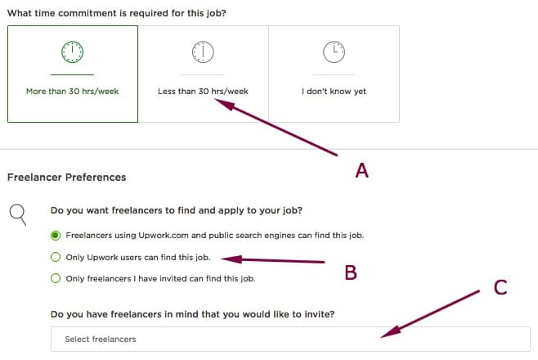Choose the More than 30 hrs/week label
pyautogui.click(x=73, y=92)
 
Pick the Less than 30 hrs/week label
pyautogui.click(x=203, y=92)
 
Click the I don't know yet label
pyautogui.click(x=334, y=92)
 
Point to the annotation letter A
pyautogui.click(x=362, y=170)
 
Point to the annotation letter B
pyautogui.click(x=351, y=272)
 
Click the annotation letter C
pyautogui.click(x=500, y=287)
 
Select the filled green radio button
pyautogui.click(x=56, y=236)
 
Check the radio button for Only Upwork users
pyautogui.click(x=56, y=257)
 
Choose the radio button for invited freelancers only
pyautogui.click(x=56, y=278)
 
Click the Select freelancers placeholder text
pyautogui.click(x=101, y=339)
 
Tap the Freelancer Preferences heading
pyautogui.click(x=66, y=177)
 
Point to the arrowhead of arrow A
pyautogui.click(x=224, y=104)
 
